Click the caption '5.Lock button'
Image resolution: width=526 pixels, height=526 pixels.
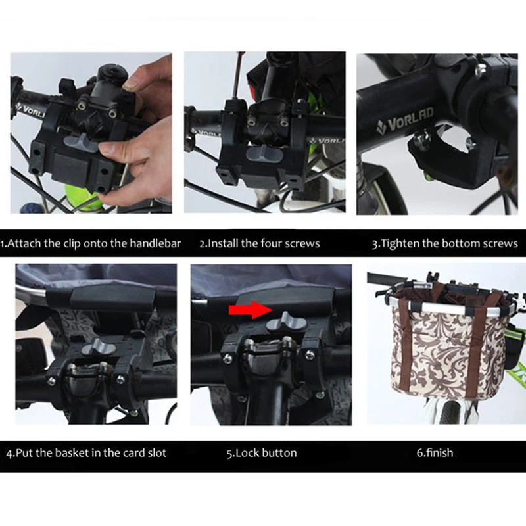pyautogui.click(x=262, y=453)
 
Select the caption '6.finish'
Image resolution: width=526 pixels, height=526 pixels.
pyautogui.click(x=435, y=452)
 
